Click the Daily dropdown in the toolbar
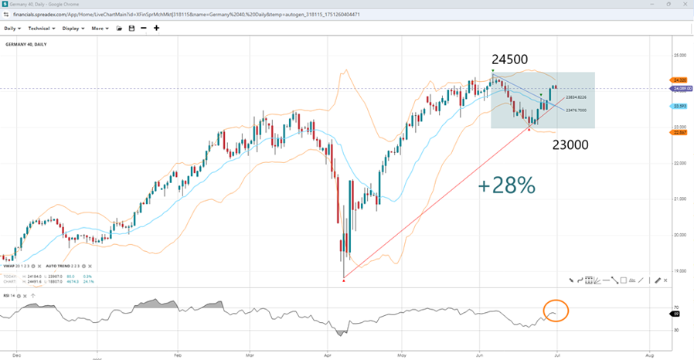click(x=12, y=28)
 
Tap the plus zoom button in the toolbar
click(x=157, y=28)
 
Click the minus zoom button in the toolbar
click(x=143, y=28)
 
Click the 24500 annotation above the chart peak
click(x=509, y=59)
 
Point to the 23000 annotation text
click(x=571, y=144)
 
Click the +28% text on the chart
click(x=507, y=185)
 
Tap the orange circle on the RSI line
click(x=556, y=311)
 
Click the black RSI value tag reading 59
click(x=677, y=314)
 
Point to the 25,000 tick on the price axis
click(x=679, y=56)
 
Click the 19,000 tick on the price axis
click(x=679, y=271)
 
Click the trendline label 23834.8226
click(x=576, y=97)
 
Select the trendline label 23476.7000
click(x=576, y=110)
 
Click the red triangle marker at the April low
click(x=343, y=280)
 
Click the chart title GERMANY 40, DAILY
click(x=26, y=44)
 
